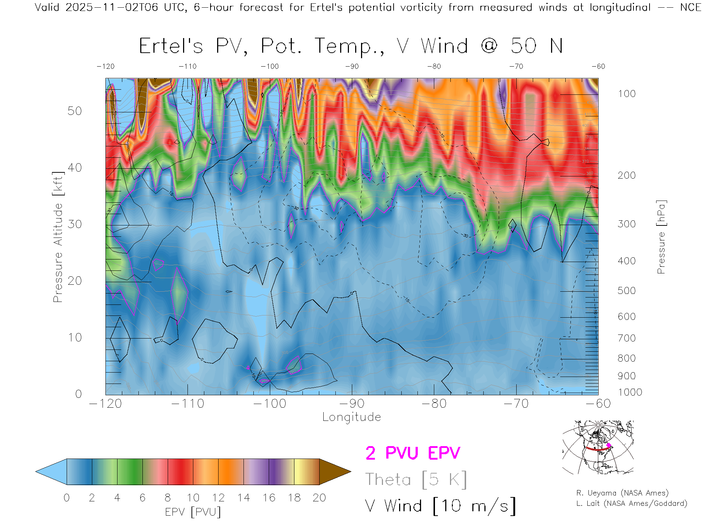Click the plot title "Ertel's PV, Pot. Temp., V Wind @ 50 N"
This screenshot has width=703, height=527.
coord(351,46)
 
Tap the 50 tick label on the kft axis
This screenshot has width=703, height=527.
coord(75,111)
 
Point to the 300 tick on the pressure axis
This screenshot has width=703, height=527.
coord(626,224)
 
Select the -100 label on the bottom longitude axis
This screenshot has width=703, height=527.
coord(270,404)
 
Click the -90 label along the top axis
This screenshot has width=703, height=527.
coord(352,67)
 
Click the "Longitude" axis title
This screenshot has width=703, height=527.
coord(351,417)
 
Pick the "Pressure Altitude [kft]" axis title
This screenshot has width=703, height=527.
coord(58,237)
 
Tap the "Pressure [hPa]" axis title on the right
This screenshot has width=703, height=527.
coord(661,237)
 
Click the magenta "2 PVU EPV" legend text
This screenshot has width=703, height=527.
coord(413,453)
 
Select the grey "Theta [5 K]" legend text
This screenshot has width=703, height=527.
coord(416,479)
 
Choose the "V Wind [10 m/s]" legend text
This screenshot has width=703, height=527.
coord(440,506)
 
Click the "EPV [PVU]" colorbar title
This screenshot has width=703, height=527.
coord(193,512)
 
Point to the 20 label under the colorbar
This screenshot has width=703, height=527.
coord(319,498)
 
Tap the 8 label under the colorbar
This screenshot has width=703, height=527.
coord(168,498)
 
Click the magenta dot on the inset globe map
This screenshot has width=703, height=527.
coord(609,445)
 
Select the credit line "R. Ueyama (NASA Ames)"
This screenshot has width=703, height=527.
coord(622,493)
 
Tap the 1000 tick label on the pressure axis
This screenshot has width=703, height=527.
coord(630,392)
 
